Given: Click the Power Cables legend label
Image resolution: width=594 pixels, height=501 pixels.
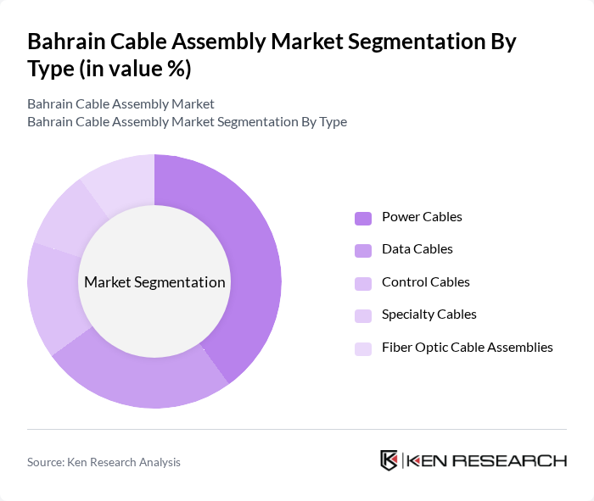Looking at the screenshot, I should (422, 217).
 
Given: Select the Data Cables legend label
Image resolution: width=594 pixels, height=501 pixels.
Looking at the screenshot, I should (417, 249).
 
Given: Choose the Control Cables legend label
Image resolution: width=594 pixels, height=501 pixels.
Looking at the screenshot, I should (425, 282).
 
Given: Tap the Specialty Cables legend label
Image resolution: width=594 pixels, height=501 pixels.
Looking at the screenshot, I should (429, 315).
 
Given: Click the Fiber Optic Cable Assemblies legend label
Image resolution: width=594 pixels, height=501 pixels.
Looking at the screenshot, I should (467, 348).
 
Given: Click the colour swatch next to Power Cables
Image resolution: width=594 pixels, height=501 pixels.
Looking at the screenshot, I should (363, 218).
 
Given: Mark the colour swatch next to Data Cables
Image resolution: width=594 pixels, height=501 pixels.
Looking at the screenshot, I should (363, 250).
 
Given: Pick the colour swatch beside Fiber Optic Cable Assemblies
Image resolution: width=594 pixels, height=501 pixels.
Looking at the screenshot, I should (363, 348).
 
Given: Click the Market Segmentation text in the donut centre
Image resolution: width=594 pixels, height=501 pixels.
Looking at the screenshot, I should (154, 282).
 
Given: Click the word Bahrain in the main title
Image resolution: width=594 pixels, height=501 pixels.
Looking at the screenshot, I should (66, 42).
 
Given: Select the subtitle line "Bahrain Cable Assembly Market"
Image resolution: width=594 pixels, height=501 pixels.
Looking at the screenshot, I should (120, 104).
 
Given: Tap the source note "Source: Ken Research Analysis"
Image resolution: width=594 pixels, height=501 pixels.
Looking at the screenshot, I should (104, 462).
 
